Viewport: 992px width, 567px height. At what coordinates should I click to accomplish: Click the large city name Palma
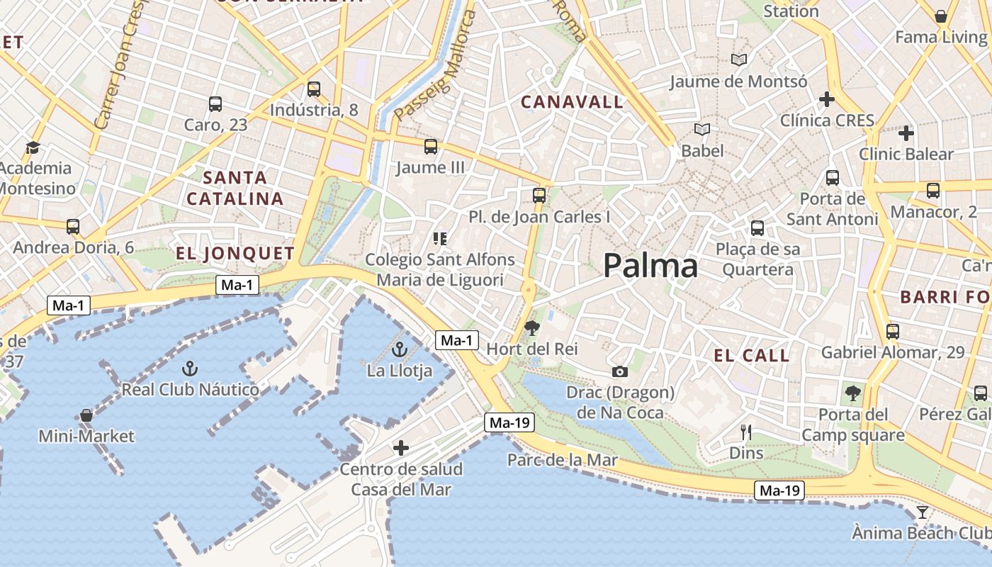(650, 266)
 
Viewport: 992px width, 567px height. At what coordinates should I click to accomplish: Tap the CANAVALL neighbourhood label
(572, 102)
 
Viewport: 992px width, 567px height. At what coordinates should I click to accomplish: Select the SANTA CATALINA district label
(235, 188)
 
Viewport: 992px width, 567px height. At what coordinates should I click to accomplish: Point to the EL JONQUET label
(235, 254)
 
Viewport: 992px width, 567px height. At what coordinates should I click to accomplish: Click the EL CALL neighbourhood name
(752, 356)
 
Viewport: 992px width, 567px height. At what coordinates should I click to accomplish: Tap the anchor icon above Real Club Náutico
(189, 368)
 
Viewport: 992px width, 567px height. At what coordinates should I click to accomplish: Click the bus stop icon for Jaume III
(430, 147)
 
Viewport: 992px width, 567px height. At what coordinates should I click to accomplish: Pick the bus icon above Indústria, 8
(314, 89)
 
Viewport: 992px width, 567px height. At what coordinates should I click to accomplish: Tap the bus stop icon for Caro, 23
(215, 104)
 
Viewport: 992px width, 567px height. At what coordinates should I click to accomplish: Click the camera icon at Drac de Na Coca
(619, 371)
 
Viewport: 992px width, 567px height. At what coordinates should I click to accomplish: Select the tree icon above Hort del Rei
(531, 327)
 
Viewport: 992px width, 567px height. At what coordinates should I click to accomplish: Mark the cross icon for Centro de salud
(401, 447)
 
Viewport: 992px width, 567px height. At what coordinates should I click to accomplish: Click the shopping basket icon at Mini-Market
(86, 415)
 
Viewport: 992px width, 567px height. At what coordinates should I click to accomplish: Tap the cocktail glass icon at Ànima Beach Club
(922, 512)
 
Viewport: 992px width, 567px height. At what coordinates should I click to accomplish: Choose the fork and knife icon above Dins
(745, 432)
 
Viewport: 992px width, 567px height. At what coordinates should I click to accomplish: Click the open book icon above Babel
(702, 130)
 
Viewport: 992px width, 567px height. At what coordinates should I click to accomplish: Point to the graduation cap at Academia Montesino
(33, 147)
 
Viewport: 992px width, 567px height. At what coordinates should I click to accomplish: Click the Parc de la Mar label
(563, 460)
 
